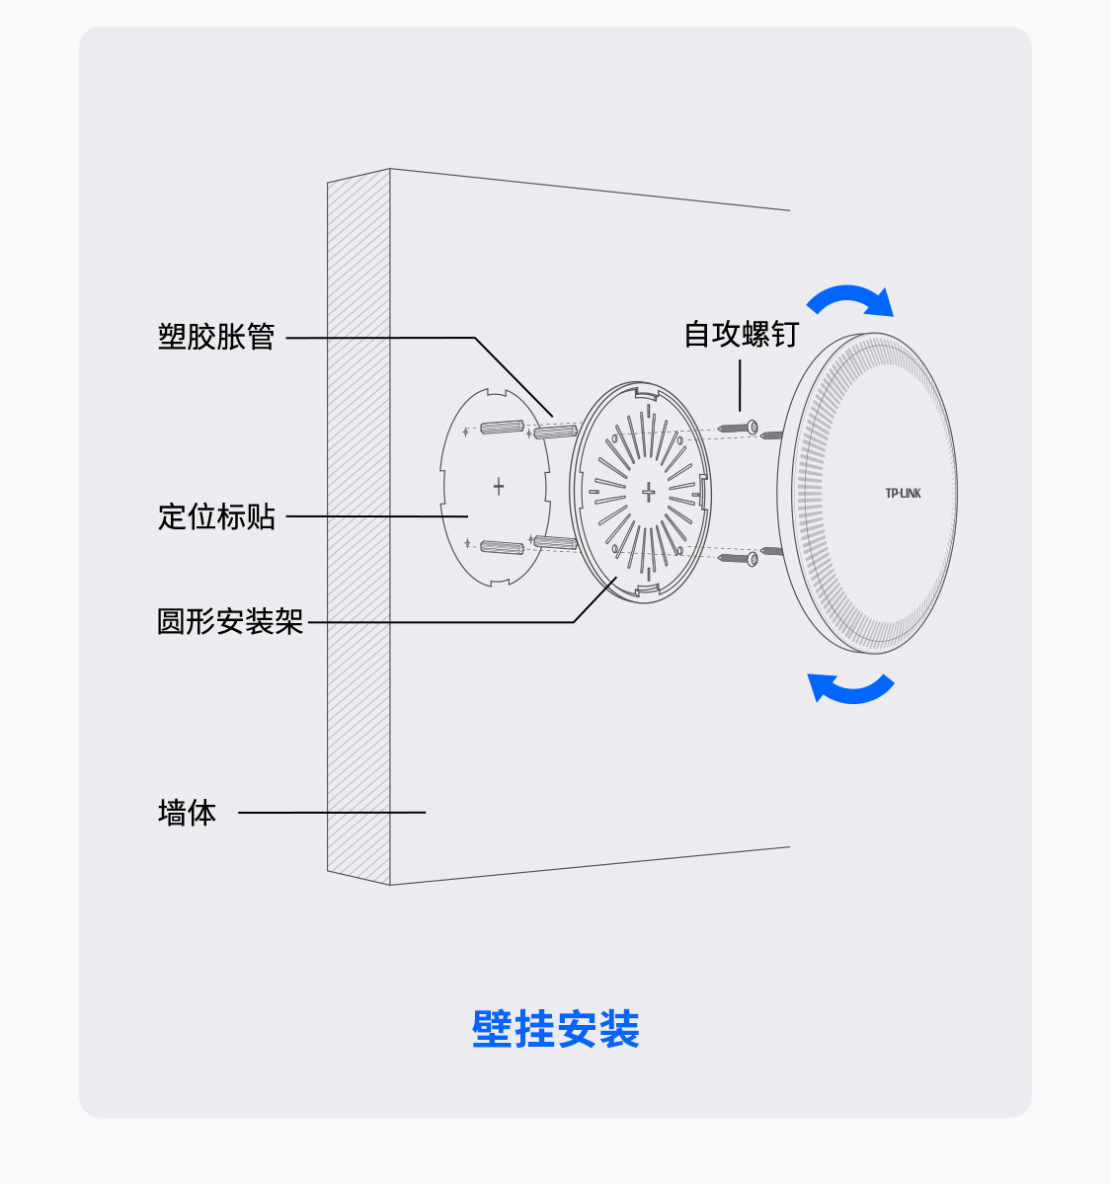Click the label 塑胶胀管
click(216, 337)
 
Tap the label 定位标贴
click(216, 516)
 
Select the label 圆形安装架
click(230, 621)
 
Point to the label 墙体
click(187, 813)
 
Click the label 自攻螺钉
click(741, 334)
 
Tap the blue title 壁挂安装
click(555, 1029)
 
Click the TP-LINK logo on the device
click(903, 493)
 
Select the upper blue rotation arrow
click(851, 297)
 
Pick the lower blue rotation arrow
click(850, 687)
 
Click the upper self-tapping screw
click(738, 428)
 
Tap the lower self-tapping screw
click(738, 558)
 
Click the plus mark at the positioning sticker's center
click(499, 486)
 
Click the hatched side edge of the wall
click(358, 523)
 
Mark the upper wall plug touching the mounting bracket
click(555, 432)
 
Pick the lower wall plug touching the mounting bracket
click(555, 542)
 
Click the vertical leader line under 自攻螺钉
click(740, 385)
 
